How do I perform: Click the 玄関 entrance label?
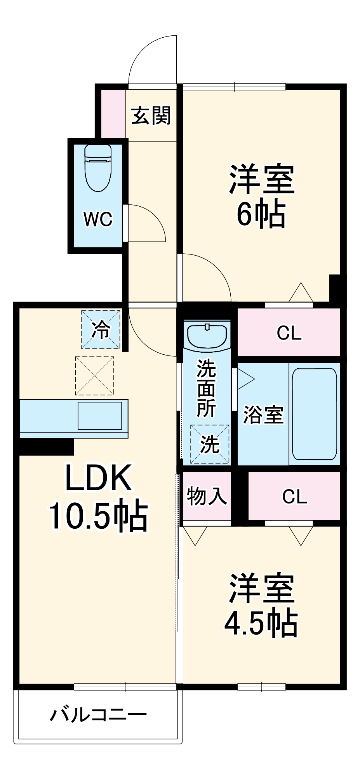151,115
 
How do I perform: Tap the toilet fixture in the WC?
98,167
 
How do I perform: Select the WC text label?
98,220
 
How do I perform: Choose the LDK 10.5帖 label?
98,498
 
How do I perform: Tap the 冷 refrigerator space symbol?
101,329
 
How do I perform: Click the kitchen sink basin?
100,415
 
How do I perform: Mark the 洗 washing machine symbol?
210,444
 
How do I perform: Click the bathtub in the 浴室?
314,414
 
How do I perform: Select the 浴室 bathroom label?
263,415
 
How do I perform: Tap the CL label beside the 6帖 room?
289,333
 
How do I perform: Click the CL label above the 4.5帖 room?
294,496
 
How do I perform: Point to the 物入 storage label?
207,496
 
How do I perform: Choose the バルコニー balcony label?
98,715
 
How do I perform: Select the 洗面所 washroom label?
206,388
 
